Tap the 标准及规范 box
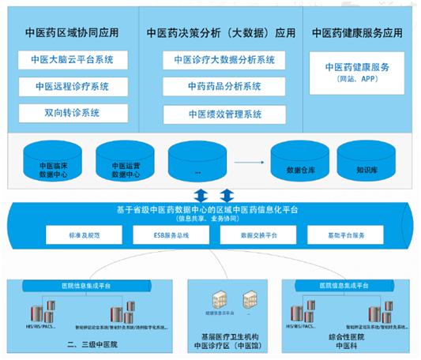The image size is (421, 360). point(84,235)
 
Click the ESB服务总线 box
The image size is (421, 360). point(169,235)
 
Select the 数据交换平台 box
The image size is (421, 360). point(254,235)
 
